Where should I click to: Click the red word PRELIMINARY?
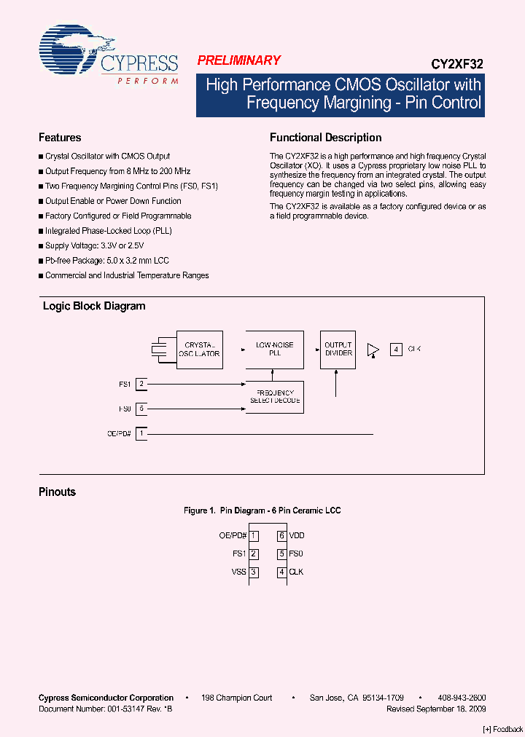pos(238,61)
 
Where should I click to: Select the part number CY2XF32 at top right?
pos(461,63)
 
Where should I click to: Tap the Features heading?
pos(60,138)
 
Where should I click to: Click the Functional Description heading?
pos(325,138)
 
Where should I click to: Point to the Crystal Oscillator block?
pos(200,350)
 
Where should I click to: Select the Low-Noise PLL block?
pos(275,349)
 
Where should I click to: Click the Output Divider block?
pos(338,349)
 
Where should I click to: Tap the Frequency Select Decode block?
pos(275,397)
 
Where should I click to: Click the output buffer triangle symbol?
pos(373,350)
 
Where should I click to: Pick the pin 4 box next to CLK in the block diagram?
pos(396,349)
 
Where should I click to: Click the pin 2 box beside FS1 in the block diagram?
pos(141,384)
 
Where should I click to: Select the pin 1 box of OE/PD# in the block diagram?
pos(141,433)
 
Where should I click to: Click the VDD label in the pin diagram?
pos(297,535)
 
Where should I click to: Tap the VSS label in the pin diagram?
pos(239,572)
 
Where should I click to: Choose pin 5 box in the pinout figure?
pos(281,553)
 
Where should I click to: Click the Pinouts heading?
pos(57,492)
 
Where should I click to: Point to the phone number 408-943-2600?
pos(462,698)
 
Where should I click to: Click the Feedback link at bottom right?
pos(503,730)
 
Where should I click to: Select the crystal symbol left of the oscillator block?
pos(157,350)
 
